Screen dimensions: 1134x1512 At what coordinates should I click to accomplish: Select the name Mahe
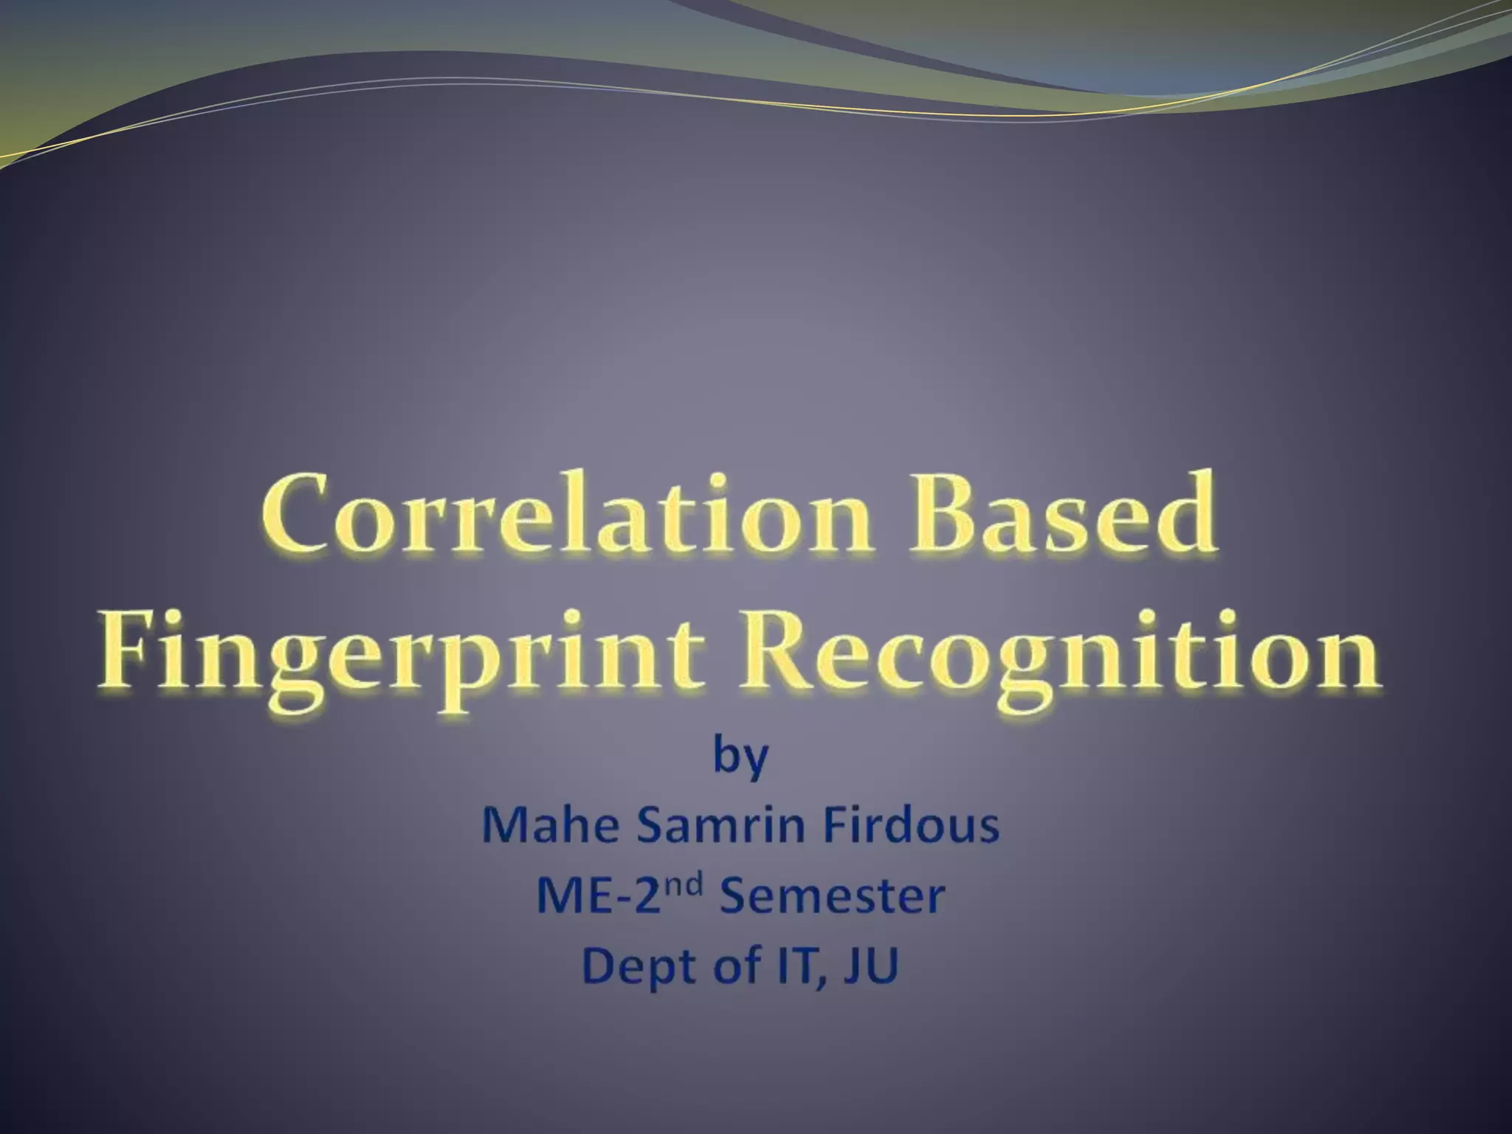click(x=550, y=826)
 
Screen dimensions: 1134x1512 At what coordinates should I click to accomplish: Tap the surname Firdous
click(x=911, y=826)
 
